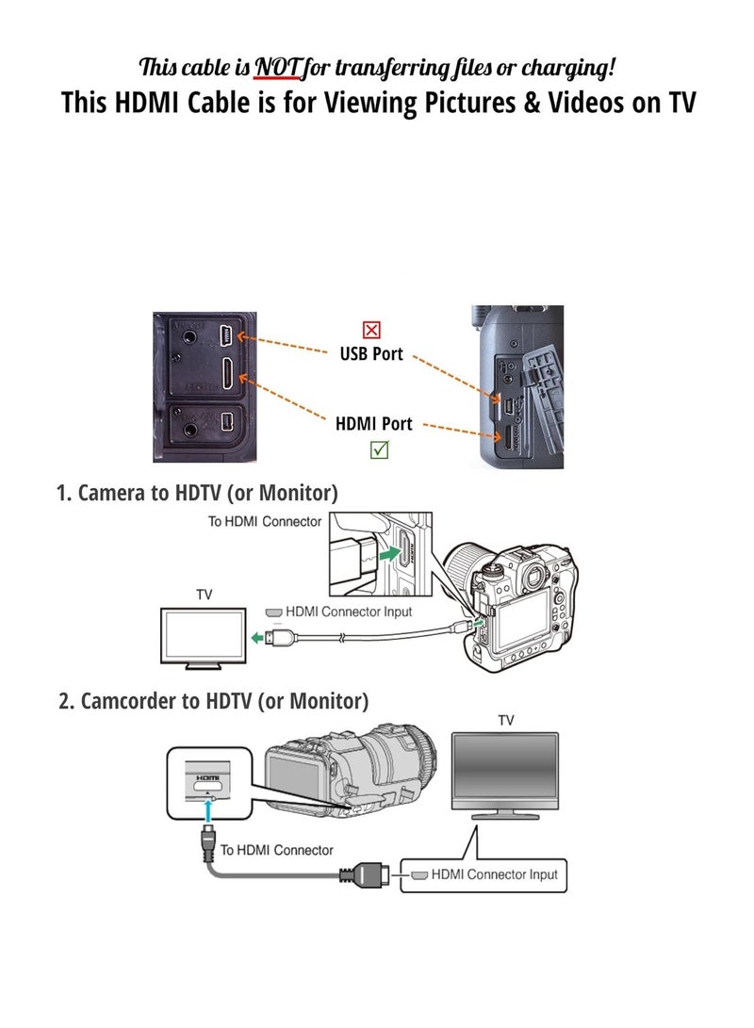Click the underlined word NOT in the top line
[274, 67]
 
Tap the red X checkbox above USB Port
[371, 330]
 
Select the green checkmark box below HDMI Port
[378, 449]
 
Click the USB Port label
[371, 354]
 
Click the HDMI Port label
[374, 424]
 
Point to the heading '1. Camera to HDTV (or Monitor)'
[197, 492]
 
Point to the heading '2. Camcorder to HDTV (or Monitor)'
[213, 701]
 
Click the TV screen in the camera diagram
[204, 635]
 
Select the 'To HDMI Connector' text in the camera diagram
[265, 521]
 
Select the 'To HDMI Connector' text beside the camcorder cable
[276, 850]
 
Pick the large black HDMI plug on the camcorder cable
[362, 876]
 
